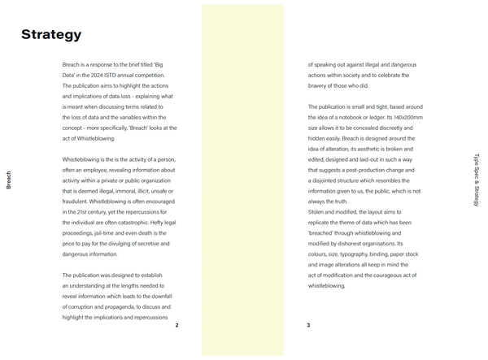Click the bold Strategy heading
click(x=51, y=34)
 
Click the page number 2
click(x=176, y=325)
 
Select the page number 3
click(x=308, y=325)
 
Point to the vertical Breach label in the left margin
click(x=9, y=180)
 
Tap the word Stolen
click(x=317, y=212)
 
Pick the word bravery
click(x=322, y=85)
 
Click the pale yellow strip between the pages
click(x=242, y=180)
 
